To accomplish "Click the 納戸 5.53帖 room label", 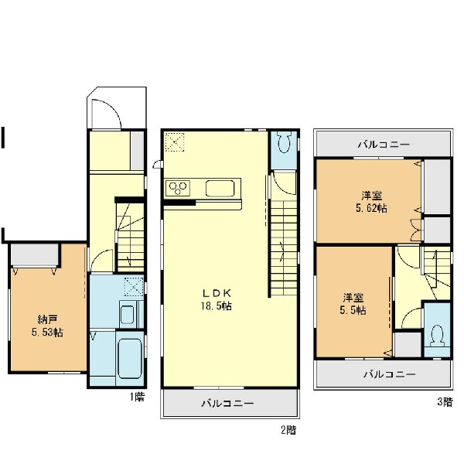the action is [x=47, y=326].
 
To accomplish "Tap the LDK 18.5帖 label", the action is [x=216, y=299].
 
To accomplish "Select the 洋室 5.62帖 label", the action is [x=371, y=202].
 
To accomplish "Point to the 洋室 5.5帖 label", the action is [x=353, y=304].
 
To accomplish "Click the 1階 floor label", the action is [x=138, y=397].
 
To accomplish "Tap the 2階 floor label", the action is [x=288, y=430].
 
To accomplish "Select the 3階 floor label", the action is [x=445, y=402].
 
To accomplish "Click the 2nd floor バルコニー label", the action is [x=227, y=404].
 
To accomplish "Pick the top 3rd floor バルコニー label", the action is [x=384, y=145].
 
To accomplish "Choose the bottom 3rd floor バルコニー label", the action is [x=390, y=374].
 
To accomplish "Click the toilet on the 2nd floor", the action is [x=284, y=142].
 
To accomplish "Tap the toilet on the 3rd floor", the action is [x=438, y=336].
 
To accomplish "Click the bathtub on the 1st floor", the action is [x=130, y=358].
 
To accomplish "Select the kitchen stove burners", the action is [x=178, y=188].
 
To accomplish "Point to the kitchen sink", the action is [x=220, y=189].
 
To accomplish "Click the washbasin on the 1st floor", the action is [x=128, y=315].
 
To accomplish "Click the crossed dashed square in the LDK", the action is [x=175, y=142].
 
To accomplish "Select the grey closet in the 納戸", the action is [x=35, y=254].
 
